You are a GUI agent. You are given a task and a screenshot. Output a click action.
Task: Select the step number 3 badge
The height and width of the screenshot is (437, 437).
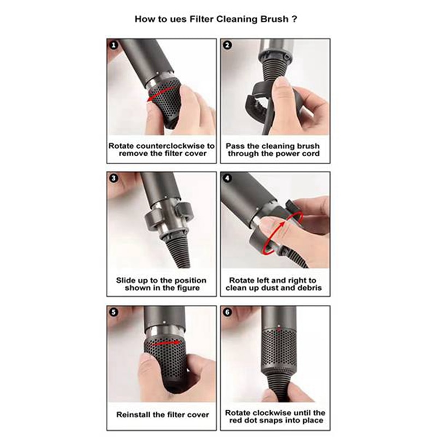click(113, 179)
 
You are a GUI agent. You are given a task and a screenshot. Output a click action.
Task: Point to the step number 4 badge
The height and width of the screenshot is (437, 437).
click(227, 179)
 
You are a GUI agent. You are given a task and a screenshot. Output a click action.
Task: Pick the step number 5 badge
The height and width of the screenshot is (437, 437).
click(113, 312)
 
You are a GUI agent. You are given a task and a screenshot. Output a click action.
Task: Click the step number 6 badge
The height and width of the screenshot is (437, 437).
click(227, 312)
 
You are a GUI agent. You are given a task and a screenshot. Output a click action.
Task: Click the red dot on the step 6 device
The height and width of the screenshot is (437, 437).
click(279, 330)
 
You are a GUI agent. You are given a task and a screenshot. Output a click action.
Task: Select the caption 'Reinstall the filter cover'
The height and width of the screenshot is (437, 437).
click(163, 415)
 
